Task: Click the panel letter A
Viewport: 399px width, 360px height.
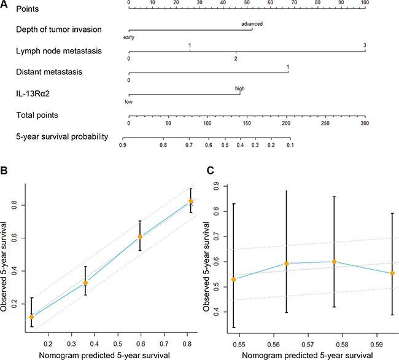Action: (4, 8)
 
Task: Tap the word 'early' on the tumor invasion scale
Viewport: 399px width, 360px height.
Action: (128, 37)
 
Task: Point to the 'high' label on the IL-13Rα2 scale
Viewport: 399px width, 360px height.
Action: (239, 88)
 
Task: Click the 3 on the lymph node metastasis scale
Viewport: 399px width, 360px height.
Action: (365, 46)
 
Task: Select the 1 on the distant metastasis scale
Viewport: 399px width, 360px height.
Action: (287, 66)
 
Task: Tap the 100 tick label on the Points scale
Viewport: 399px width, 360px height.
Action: (365, 3)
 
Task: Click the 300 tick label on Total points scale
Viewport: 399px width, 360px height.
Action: (365, 123)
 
